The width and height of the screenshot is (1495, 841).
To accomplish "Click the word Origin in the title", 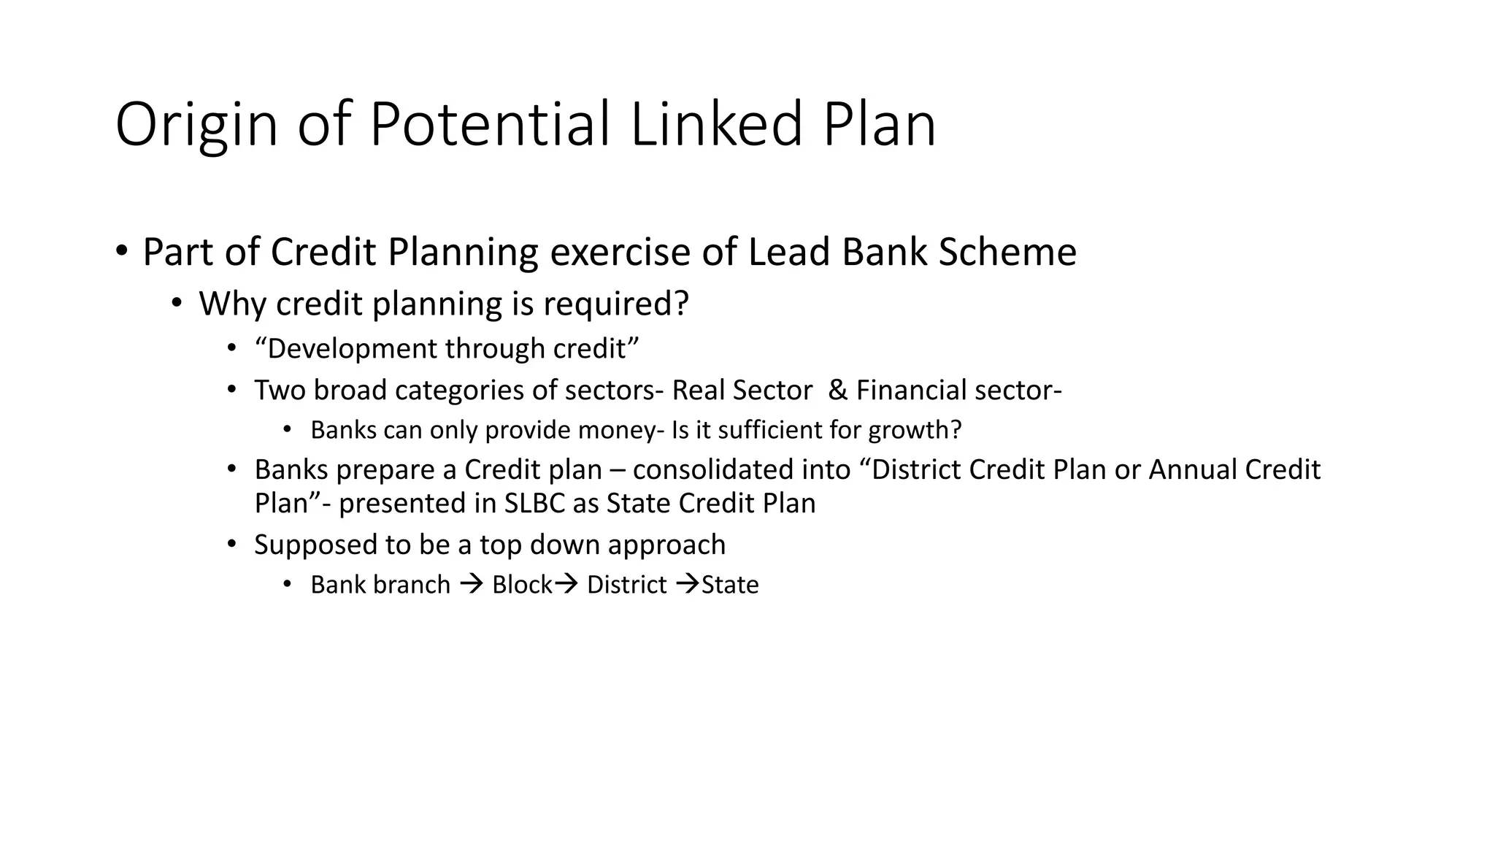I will tap(196, 126).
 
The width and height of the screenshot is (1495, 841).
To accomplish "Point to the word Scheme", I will tap(1007, 253).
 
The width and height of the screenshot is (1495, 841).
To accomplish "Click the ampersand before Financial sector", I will tap(838, 391).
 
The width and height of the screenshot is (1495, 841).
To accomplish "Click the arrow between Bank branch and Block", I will tap(472, 585).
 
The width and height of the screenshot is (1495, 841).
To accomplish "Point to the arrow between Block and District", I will tap(566, 585).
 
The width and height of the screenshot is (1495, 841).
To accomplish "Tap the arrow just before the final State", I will tap(688, 585).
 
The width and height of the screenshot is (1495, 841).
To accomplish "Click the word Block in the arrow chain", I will tap(521, 585).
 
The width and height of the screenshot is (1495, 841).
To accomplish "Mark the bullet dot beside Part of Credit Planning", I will tap(121, 251).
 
